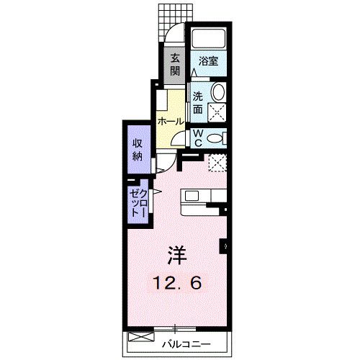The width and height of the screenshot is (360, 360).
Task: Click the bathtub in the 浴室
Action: pyautogui.click(x=209, y=39)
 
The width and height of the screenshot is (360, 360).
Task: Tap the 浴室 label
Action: pyautogui.click(x=208, y=62)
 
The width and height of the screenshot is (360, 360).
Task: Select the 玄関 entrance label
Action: pyautogui.click(x=175, y=66)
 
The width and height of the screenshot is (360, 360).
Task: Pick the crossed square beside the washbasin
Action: pyautogui.click(x=217, y=112)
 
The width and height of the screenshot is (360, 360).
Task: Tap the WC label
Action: pyautogui.click(x=196, y=138)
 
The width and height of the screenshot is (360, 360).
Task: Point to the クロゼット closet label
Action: pyautogui.click(x=138, y=203)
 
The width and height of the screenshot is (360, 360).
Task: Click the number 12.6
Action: pyautogui.click(x=176, y=282)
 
